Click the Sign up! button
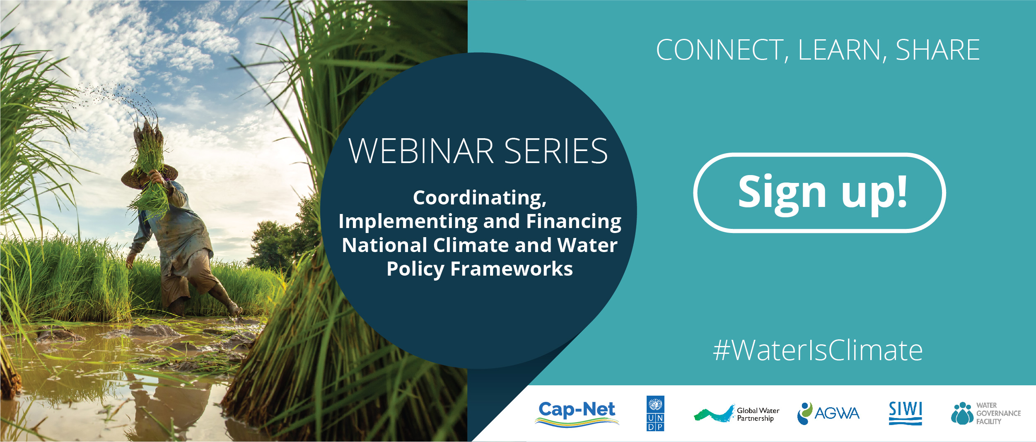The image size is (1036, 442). (x=819, y=193)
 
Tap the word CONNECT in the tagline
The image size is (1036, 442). (x=720, y=50)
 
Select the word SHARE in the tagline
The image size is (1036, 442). (x=938, y=50)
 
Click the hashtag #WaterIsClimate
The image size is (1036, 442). (x=818, y=350)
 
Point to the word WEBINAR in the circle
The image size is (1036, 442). (x=421, y=151)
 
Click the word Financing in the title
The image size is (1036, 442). (x=574, y=221)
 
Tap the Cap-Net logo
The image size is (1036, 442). (x=577, y=413)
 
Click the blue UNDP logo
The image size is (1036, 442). (x=655, y=413)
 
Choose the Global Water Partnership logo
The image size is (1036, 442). (x=737, y=413)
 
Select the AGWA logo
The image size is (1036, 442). (x=828, y=413)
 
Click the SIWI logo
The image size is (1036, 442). (x=906, y=413)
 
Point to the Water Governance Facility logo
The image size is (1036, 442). (x=985, y=413)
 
